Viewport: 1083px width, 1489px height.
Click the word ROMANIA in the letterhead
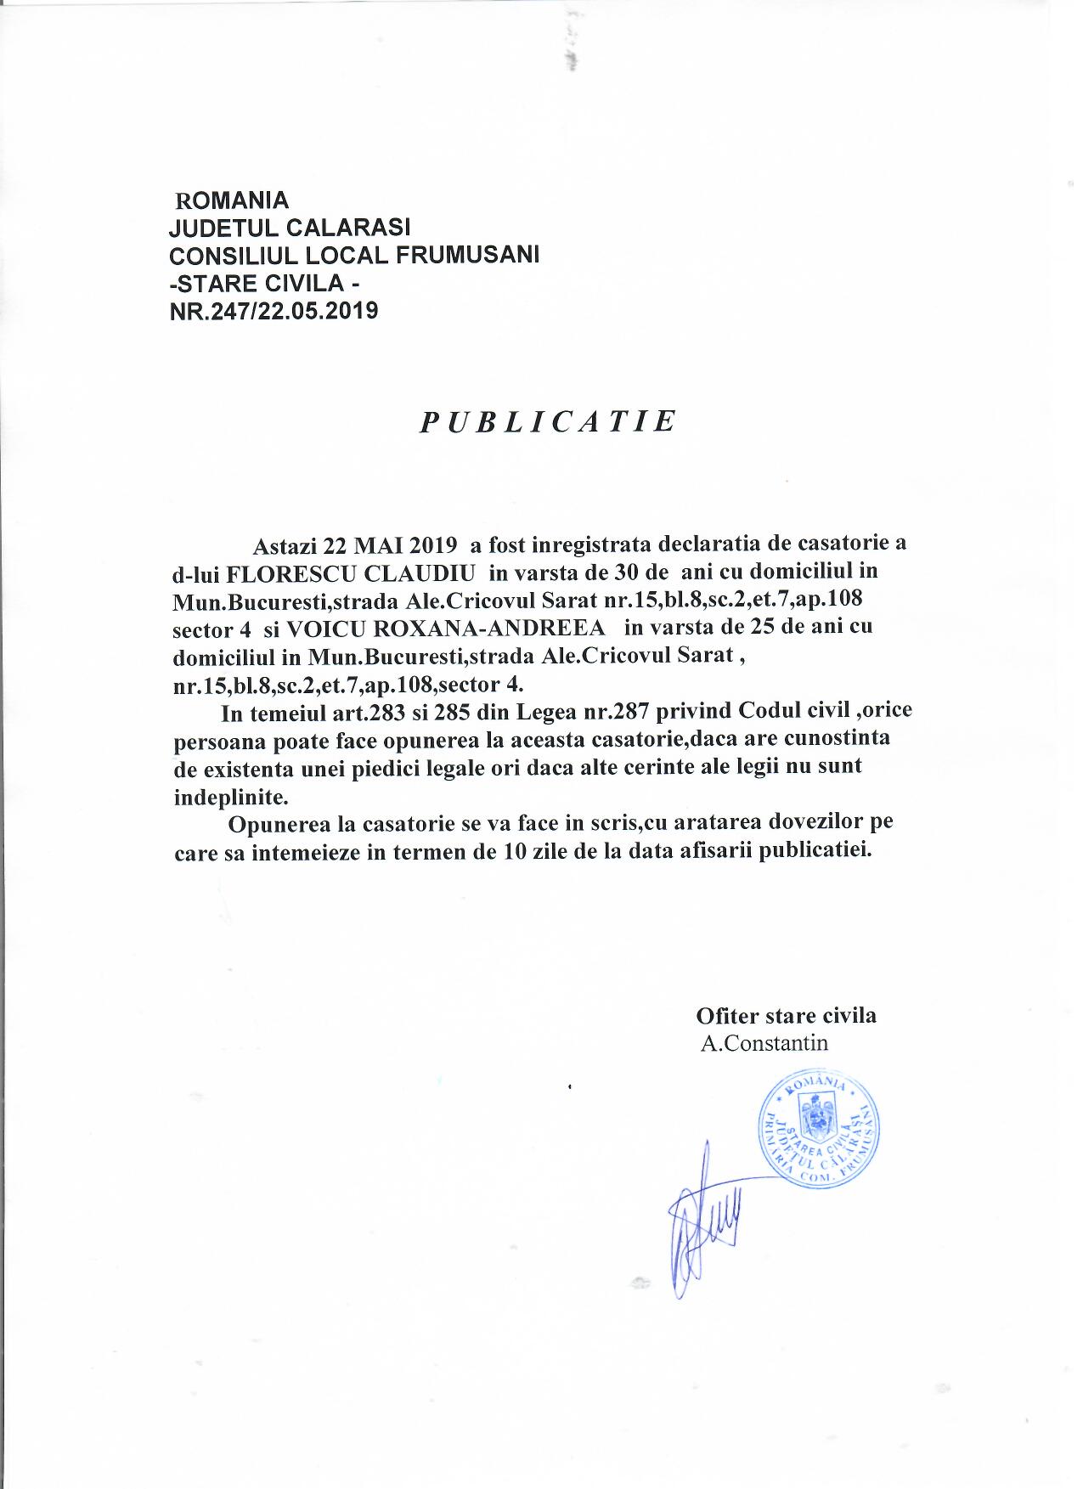pyautogui.click(x=231, y=200)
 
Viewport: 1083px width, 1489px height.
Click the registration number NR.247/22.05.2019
pyautogui.click(x=274, y=311)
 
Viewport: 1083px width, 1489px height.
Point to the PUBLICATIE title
pyautogui.click(x=549, y=421)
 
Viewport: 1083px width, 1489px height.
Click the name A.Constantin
pyautogui.click(x=764, y=1043)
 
